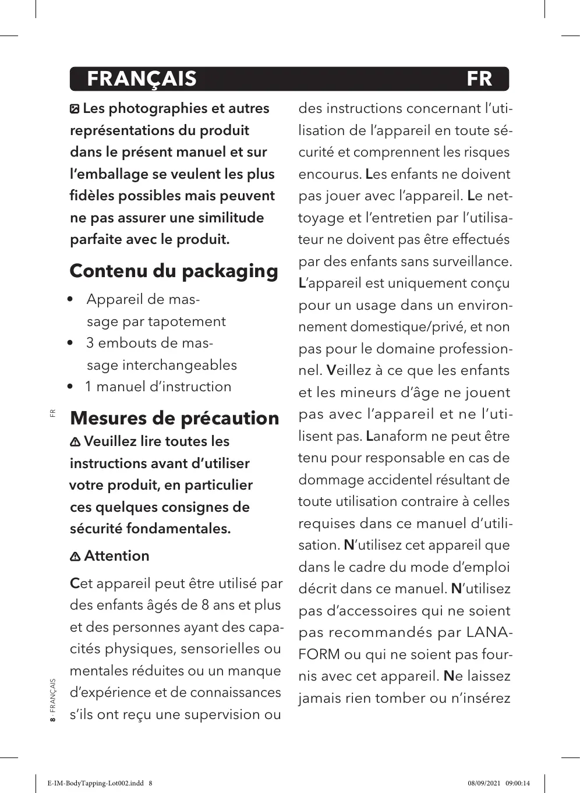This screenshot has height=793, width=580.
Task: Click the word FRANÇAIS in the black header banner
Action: coord(142,79)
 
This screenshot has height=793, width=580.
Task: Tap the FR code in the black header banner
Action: coord(479,79)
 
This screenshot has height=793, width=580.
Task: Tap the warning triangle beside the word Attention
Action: coord(75,557)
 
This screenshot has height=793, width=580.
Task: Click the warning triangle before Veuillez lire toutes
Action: coord(75,442)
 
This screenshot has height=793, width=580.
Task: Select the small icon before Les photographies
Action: coord(75,109)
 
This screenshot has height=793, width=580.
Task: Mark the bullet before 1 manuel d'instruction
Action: coord(70,387)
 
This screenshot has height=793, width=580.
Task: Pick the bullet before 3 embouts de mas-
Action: coord(70,344)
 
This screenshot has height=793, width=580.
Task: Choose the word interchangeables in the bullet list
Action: coord(179,366)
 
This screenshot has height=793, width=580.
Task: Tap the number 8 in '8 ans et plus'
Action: coord(205,606)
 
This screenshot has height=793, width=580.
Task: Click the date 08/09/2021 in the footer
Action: coord(484,784)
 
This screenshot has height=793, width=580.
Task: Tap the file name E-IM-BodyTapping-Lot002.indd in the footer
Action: coord(96,784)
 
